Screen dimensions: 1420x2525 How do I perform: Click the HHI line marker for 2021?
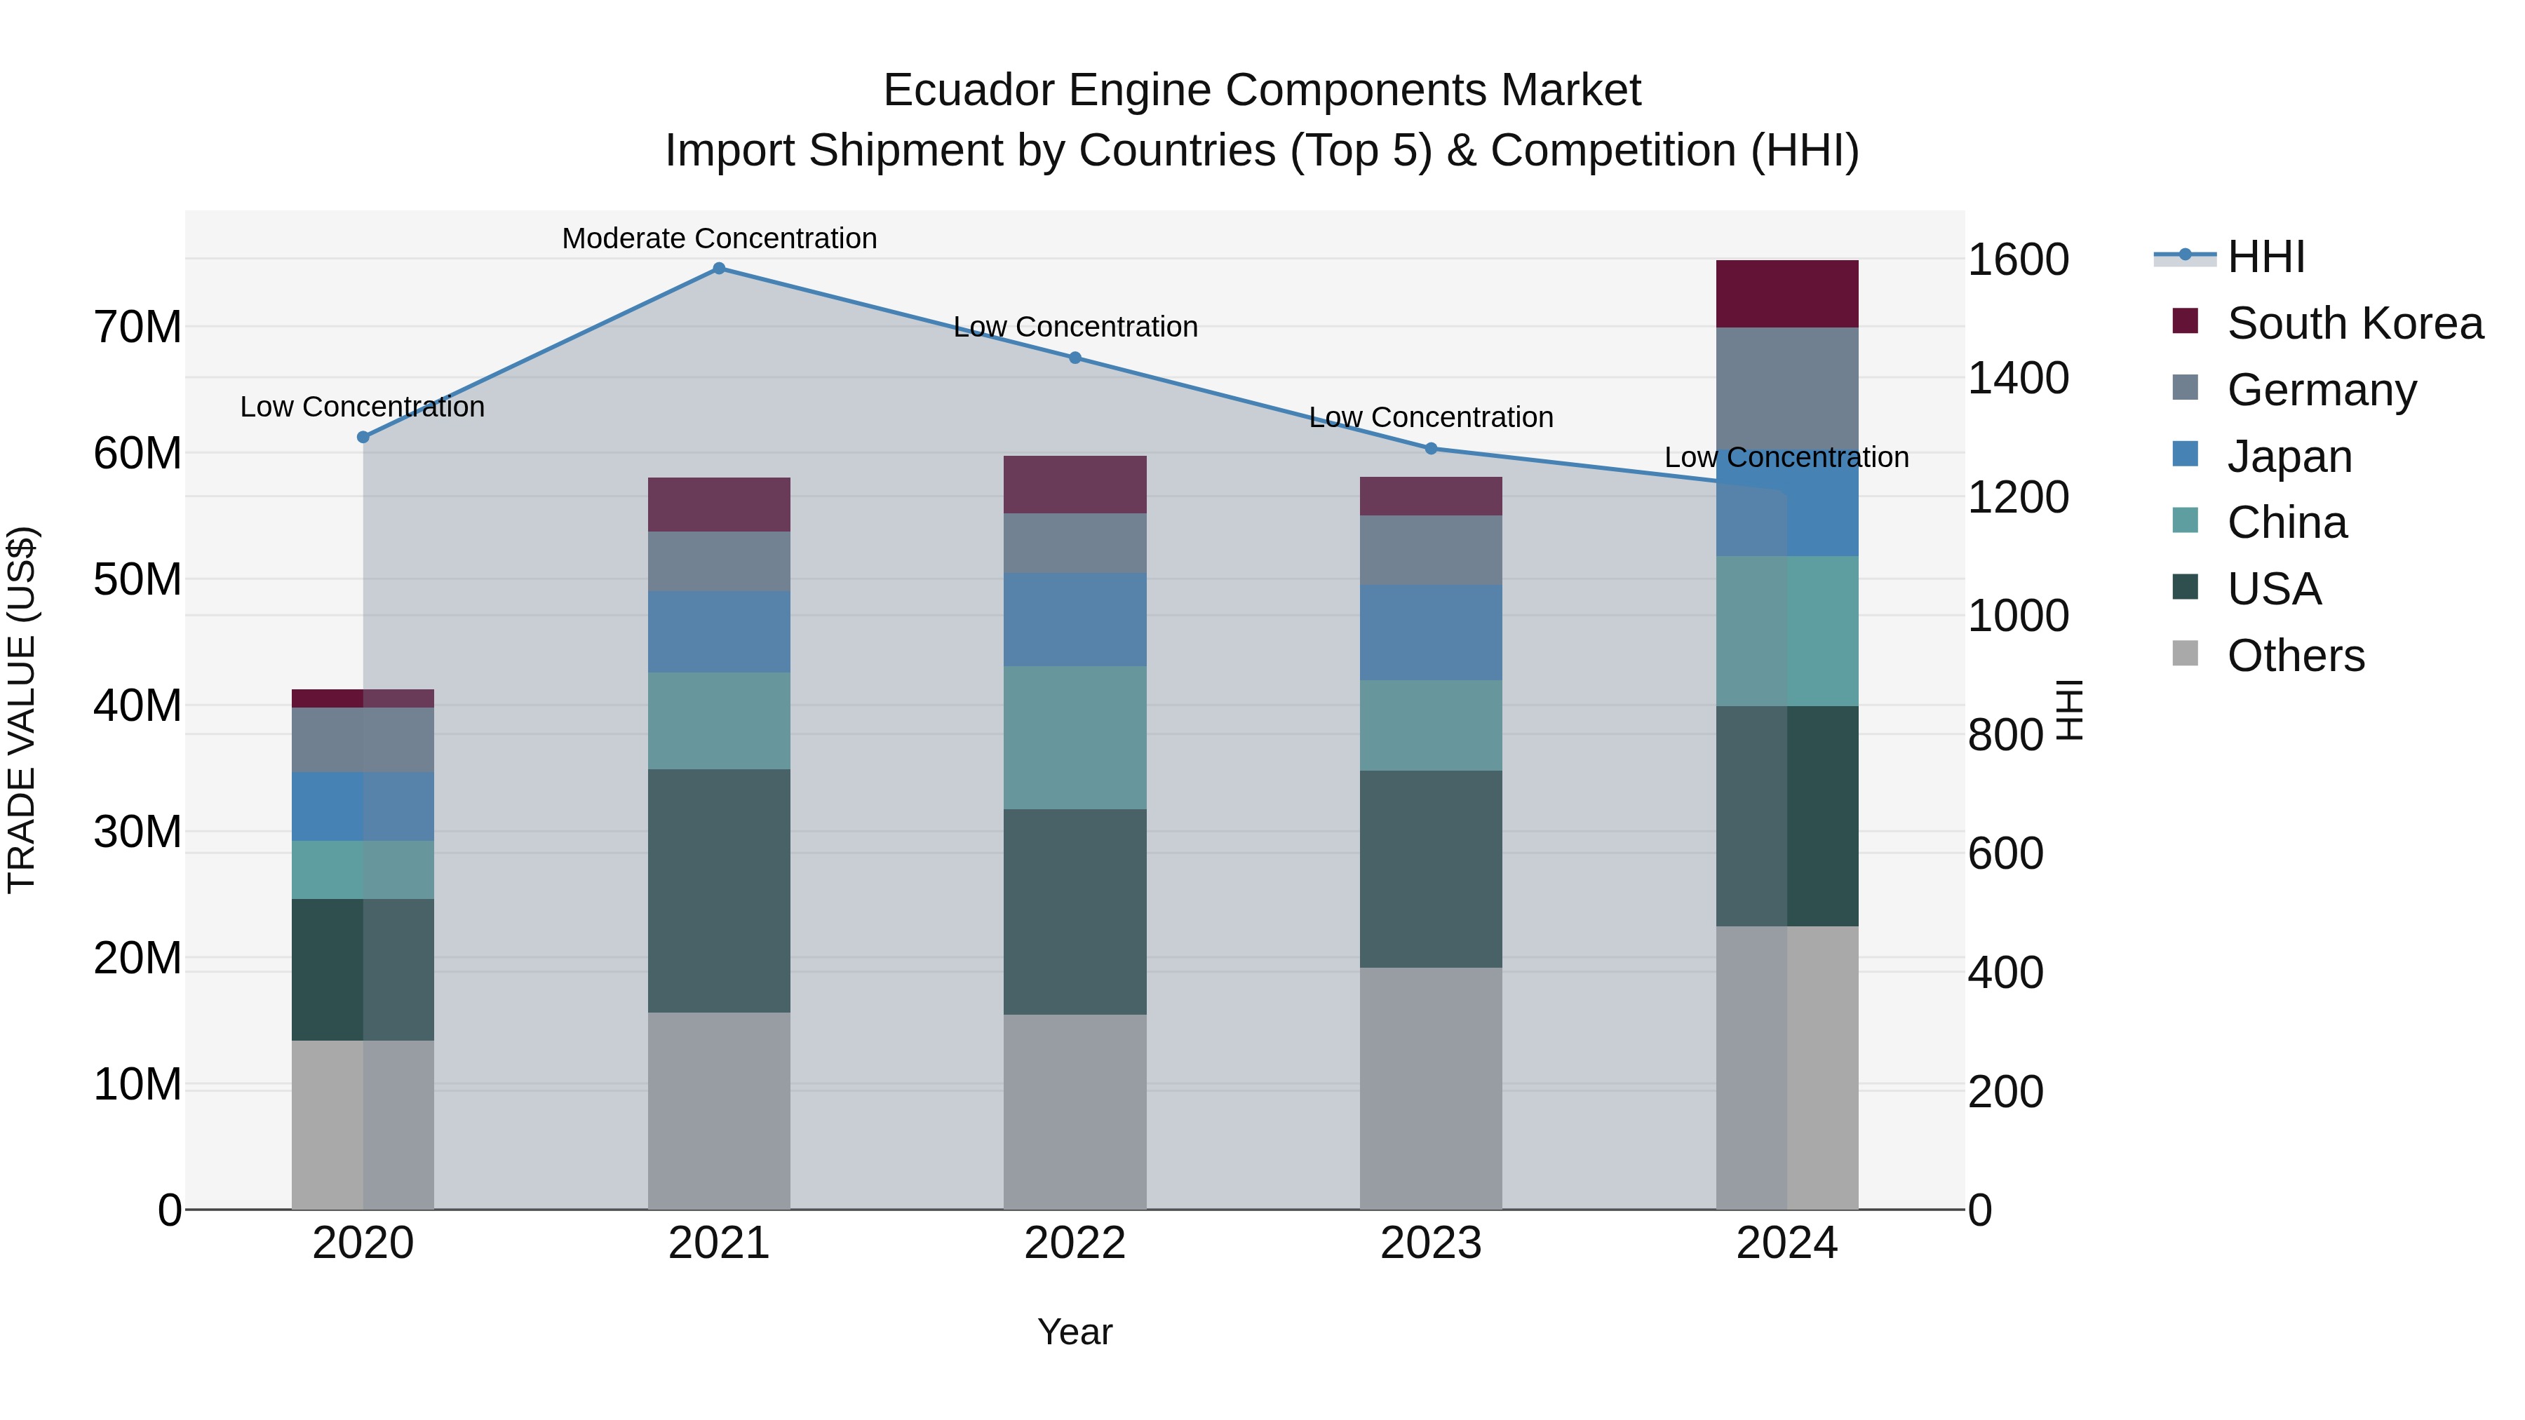(x=718, y=268)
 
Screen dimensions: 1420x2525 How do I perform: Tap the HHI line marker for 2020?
(x=363, y=437)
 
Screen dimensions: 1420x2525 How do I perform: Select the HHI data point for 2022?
(x=1075, y=358)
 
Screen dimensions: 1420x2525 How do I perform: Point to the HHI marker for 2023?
(x=1430, y=448)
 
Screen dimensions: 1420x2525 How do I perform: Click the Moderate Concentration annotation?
(x=718, y=238)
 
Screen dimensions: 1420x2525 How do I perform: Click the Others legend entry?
(x=2295, y=656)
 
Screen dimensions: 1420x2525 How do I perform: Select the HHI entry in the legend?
(x=2265, y=257)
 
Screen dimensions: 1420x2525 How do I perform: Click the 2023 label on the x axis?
(x=1430, y=1243)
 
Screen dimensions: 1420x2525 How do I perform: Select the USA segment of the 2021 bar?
(x=718, y=890)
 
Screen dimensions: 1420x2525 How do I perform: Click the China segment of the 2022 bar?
(x=1075, y=737)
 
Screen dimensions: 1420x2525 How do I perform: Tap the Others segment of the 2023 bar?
(x=1430, y=1088)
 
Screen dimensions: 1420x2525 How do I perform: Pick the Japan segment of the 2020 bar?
(x=363, y=806)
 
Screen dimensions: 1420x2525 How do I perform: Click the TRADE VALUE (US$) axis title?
(x=22, y=710)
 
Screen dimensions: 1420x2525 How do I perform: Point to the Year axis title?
(x=1075, y=1332)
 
